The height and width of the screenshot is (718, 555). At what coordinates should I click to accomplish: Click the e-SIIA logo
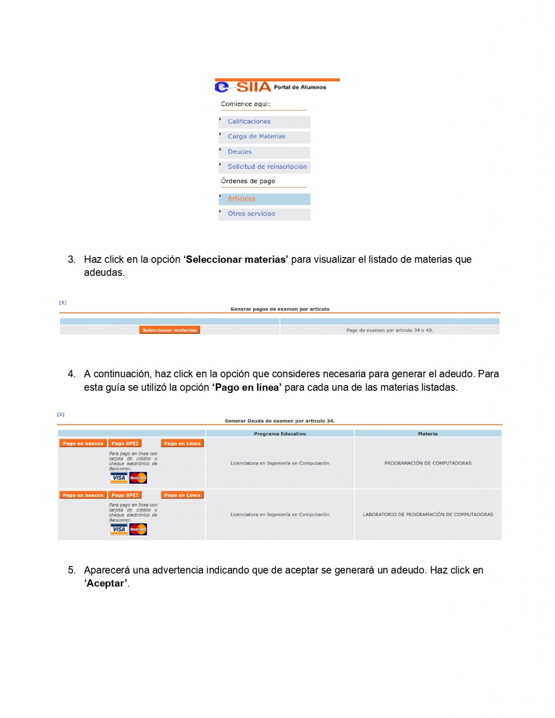pyautogui.click(x=243, y=87)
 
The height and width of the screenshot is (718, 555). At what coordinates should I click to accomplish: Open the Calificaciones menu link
pyautogui.click(x=249, y=122)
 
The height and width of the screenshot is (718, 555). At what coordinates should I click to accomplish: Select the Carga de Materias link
pyautogui.click(x=256, y=136)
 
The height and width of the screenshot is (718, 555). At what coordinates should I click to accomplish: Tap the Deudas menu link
pyautogui.click(x=239, y=152)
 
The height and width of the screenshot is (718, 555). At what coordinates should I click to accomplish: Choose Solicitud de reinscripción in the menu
pyautogui.click(x=267, y=167)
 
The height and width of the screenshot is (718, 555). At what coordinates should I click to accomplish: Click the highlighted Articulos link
pyautogui.click(x=241, y=199)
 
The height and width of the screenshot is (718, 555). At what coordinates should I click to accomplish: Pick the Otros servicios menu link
pyautogui.click(x=251, y=214)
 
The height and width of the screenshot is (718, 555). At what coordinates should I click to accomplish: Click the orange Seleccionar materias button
pyautogui.click(x=169, y=330)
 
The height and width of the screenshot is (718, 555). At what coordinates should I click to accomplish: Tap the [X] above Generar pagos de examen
pyautogui.click(x=63, y=303)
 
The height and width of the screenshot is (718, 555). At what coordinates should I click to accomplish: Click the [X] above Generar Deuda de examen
pyautogui.click(x=61, y=415)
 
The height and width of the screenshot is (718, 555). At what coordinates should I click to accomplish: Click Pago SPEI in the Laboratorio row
pyautogui.click(x=125, y=495)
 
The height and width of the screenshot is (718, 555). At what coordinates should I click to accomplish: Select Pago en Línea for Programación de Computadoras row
pyautogui.click(x=182, y=444)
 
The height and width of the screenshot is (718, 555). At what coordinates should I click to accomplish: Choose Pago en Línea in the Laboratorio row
pyautogui.click(x=182, y=495)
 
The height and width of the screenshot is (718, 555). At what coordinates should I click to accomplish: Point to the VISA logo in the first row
pyautogui.click(x=119, y=478)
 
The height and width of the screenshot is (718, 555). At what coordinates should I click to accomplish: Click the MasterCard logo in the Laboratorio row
pyautogui.click(x=138, y=529)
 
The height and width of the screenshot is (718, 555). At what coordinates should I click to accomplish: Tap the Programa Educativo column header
pyautogui.click(x=280, y=434)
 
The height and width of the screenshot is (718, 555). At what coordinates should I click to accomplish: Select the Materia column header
pyautogui.click(x=427, y=434)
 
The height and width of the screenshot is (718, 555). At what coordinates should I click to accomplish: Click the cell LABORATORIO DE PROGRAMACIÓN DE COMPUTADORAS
pyautogui.click(x=428, y=515)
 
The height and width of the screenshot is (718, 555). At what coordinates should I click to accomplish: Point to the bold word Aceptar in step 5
pyautogui.click(x=106, y=583)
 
